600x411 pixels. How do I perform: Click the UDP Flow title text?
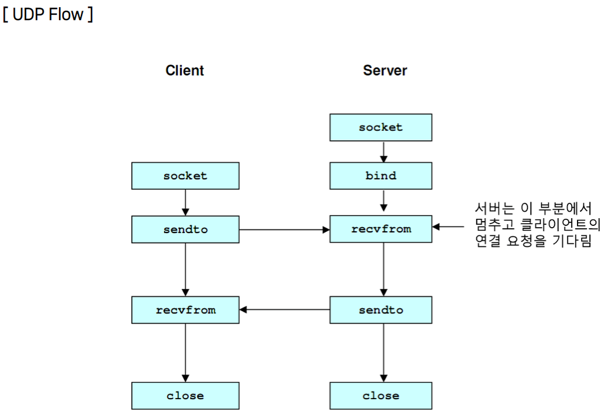(x=47, y=14)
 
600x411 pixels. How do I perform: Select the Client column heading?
(x=184, y=71)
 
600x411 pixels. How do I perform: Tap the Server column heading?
(x=384, y=71)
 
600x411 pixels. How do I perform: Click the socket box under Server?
(x=381, y=127)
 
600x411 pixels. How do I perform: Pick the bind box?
(x=381, y=176)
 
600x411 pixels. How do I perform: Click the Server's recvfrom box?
(x=381, y=228)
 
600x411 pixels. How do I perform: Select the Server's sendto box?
(x=381, y=309)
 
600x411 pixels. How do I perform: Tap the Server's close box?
(x=381, y=396)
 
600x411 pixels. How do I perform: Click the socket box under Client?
(x=185, y=176)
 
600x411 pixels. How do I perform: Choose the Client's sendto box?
(x=185, y=228)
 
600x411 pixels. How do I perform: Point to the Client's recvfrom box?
(x=185, y=309)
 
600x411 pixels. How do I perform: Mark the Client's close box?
(x=185, y=396)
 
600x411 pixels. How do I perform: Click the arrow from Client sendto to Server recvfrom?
(x=284, y=229)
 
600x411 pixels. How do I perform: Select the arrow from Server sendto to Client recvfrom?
(x=284, y=309)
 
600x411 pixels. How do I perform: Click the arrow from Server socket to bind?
(x=384, y=151)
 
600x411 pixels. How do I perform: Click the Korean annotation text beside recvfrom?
(x=536, y=225)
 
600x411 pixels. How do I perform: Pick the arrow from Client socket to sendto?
(x=185, y=202)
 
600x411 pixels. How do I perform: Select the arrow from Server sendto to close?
(x=384, y=352)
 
